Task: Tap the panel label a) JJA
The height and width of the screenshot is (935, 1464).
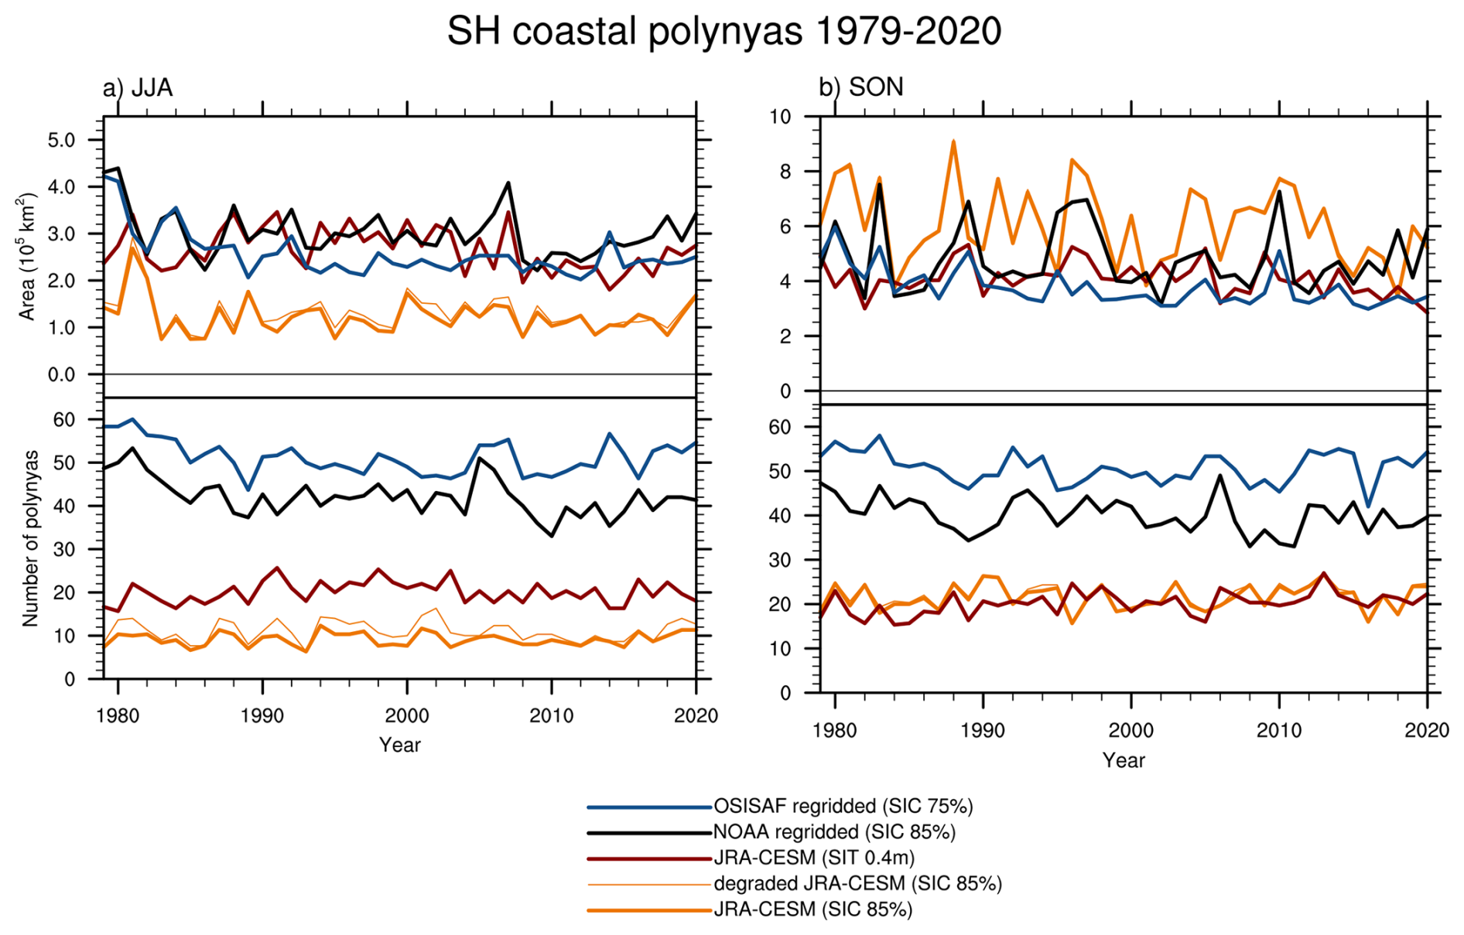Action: click(x=138, y=87)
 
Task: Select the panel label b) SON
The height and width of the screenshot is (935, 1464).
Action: click(x=860, y=87)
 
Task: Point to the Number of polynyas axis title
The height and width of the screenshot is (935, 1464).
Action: click(x=30, y=538)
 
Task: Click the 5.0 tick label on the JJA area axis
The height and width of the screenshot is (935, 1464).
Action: click(x=62, y=140)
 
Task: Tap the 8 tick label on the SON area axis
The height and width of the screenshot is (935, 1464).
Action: click(x=785, y=172)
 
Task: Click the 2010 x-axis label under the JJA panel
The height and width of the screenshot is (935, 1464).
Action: click(x=551, y=715)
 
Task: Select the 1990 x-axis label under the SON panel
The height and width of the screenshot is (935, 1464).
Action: click(x=983, y=730)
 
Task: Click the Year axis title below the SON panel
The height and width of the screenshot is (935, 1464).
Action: click(x=1124, y=760)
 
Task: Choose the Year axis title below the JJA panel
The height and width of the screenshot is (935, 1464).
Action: click(x=400, y=745)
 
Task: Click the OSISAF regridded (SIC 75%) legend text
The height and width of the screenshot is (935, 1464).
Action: click(x=843, y=806)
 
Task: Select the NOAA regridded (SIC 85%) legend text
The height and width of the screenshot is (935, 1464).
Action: click(x=834, y=831)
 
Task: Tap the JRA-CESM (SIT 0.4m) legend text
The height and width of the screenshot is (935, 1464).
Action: click(x=814, y=858)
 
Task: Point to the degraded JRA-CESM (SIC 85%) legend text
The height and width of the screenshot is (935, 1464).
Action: click(x=857, y=883)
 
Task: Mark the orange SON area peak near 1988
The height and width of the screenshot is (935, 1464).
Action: click(x=953, y=142)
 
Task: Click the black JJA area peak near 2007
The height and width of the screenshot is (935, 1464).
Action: click(x=508, y=183)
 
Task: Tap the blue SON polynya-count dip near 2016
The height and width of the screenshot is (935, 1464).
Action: click(x=1368, y=507)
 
